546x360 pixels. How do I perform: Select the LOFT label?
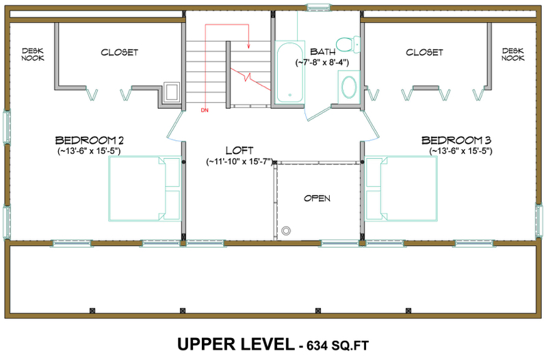point(239,151)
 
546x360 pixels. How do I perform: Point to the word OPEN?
point(317,198)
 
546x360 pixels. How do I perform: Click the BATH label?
point(322,51)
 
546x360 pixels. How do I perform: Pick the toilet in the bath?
point(350,44)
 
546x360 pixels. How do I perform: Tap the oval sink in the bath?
point(349,87)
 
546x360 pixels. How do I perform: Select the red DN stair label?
point(204,110)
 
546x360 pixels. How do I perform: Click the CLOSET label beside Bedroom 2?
point(120,52)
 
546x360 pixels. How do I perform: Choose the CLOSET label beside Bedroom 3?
point(424,52)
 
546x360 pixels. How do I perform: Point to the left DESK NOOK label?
point(33,54)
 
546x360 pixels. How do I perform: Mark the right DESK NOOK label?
point(513,54)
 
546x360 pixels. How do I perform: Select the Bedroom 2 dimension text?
point(90,151)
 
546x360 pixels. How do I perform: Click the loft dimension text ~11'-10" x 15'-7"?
point(239,162)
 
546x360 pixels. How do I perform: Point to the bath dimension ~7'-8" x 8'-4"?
point(322,62)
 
